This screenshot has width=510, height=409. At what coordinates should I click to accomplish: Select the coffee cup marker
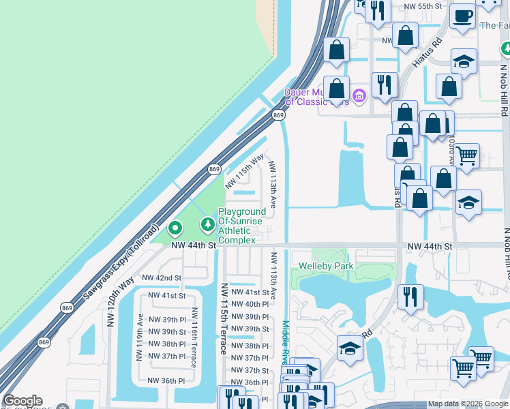463,16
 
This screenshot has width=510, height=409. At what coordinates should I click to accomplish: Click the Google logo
22,401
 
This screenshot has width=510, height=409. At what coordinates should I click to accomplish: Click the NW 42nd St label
162,278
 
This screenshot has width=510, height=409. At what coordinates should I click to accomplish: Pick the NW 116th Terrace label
195,337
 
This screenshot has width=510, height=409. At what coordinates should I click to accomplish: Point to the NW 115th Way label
244,170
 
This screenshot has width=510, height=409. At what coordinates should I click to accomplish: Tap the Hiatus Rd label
427,52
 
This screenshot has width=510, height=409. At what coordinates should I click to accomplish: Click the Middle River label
286,341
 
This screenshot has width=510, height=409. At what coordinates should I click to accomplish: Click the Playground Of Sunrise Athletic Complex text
237,226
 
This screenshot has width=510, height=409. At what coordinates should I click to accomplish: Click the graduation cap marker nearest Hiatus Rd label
464,62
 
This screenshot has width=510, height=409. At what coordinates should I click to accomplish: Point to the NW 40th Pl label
247,304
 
